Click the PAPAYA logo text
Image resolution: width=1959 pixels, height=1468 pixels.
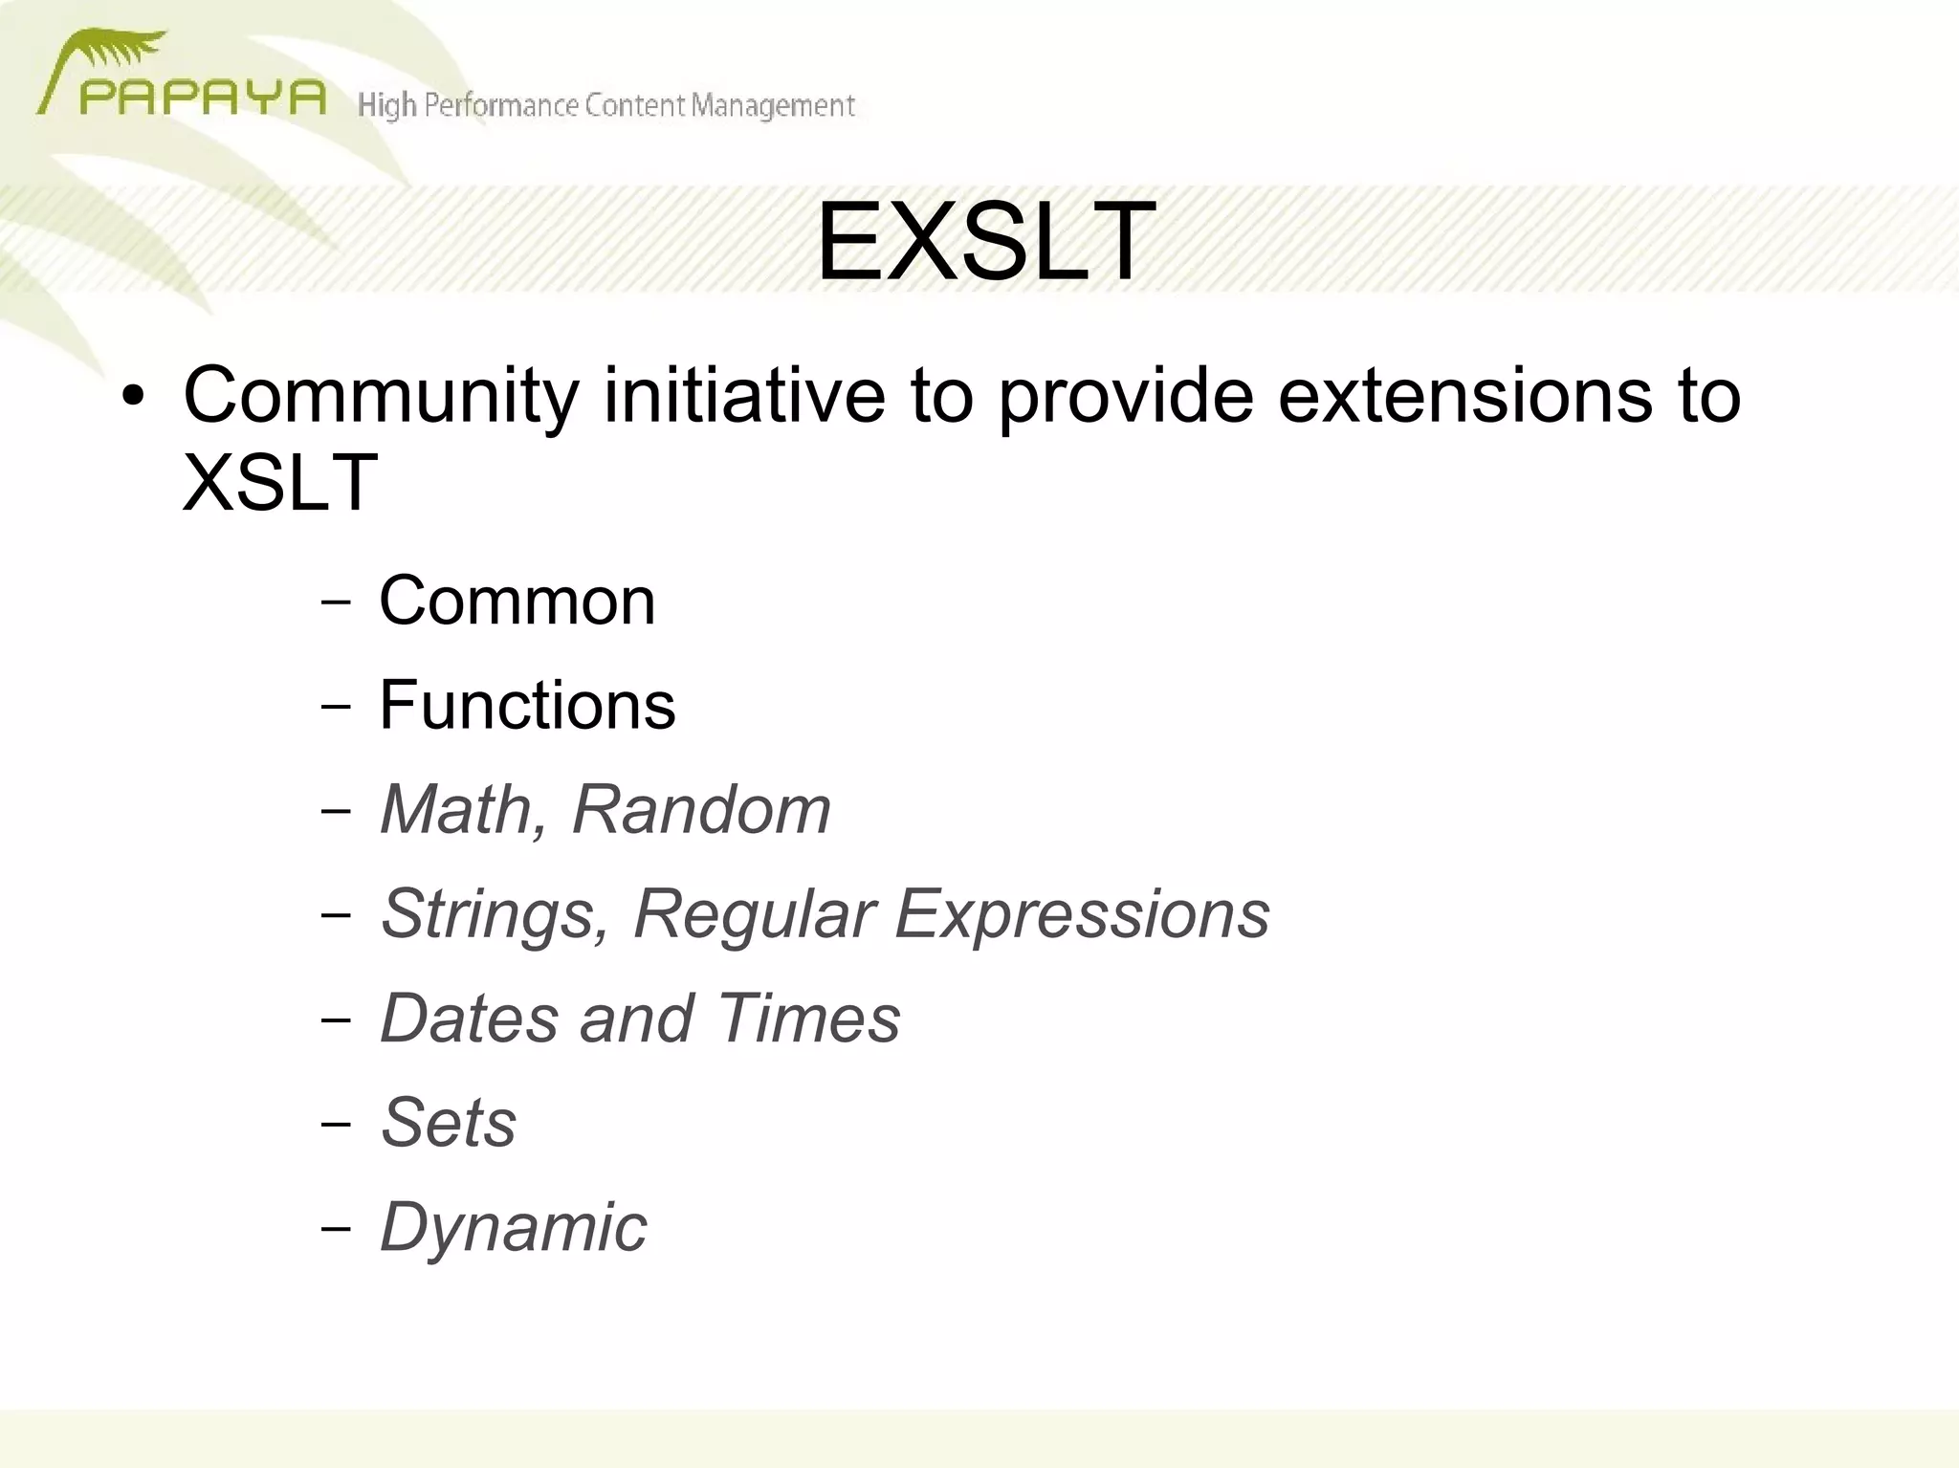(x=202, y=98)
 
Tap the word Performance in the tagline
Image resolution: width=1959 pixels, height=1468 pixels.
(x=502, y=105)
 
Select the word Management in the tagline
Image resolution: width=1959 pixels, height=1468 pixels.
(x=773, y=105)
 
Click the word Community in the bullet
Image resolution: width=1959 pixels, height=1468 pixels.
(x=381, y=395)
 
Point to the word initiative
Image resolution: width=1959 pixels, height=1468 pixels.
(x=744, y=395)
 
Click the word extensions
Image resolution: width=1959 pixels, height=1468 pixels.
(x=1464, y=395)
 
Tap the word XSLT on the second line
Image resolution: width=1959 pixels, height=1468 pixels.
(x=279, y=482)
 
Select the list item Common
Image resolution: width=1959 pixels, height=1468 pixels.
(x=517, y=602)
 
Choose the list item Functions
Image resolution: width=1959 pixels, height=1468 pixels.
(x=527, y=706)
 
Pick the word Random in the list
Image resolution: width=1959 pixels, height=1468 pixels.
(x=701, y=810)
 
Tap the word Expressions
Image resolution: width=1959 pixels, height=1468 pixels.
(x=1082, y=915)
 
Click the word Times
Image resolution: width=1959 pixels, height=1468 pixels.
(x=808, y=1019)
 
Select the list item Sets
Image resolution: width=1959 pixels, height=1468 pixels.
(x=448, y=1123)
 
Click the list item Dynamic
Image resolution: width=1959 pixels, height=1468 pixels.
(x=513, y=1227)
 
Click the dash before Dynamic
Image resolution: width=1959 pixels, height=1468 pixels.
(x=336, y=1229)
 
